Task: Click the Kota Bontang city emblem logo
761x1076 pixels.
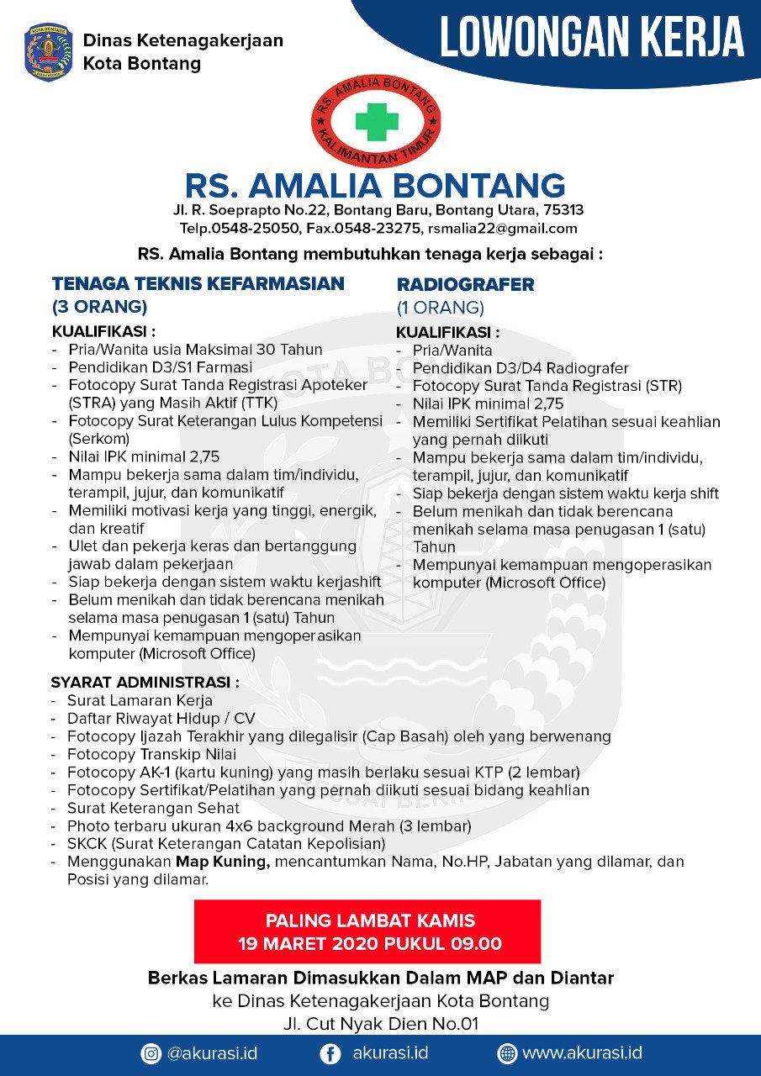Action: pyautogui.click(x=49, y=52)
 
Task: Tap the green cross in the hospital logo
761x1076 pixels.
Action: pyautogui.click(x=376, y=121)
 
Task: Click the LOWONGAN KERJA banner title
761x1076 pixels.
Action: pyautogui.click(x=592, y=38)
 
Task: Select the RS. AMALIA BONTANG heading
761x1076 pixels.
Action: pyautogui.click(x=375, y=185)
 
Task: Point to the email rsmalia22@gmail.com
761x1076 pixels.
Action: pyautogui.click(x=502, y=229)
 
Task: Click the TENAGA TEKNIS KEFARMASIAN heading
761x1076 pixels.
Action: pyautogui.click(x=198, y=284)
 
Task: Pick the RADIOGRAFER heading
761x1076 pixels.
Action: pyautogui.click(x=465, y=285)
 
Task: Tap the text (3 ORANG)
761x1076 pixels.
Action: pyautogui.click(x=99, y=307)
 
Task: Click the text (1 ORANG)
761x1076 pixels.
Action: pyautogui.click(x=441, y=308)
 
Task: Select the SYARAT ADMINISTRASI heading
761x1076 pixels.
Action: pyautogui.click(x=145, y=682)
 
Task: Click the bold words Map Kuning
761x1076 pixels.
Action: pyautogui.click(x=222, y=862)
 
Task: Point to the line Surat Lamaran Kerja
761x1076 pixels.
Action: pyautogui.click(x=140, y=700)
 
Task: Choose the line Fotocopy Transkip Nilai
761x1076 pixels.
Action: pyautogui.click(x=151, y=754)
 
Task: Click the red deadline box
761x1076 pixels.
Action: pyautogui.click(x=367, y=931)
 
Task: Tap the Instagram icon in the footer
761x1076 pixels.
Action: pyautogui.click(x=151, y=1053)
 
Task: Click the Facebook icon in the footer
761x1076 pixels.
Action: pyautogui.click(x=331, y=1053)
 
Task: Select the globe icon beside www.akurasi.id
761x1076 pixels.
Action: pyautogui.click(x=507, y=1053)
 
